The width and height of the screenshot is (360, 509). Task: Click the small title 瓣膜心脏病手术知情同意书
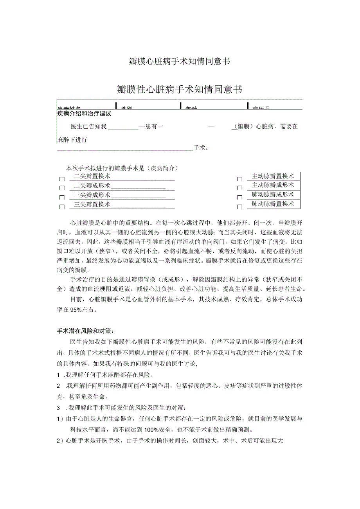pos(179,61)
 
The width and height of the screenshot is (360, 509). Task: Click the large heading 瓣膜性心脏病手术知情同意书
pos(179,90)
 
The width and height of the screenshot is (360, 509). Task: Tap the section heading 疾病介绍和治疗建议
pos(84,114)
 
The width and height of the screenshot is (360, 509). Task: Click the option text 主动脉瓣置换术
pos(273,176)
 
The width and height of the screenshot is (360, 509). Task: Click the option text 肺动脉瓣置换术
pos(273,204)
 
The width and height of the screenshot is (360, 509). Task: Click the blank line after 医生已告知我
pos(123,127)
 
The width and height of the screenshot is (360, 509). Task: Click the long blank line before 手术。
pos(125,149)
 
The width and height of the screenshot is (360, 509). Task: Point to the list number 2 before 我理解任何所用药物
pos(59,386)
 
